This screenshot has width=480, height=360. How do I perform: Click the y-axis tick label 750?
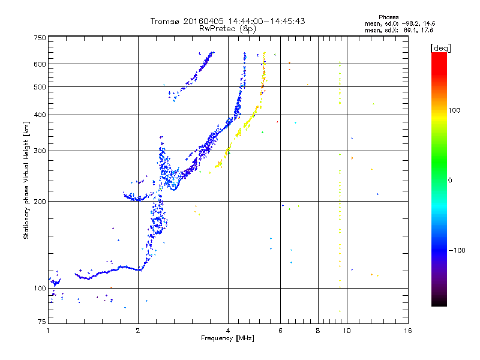[40, 38]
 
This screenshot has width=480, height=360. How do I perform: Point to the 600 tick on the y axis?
[40, 64]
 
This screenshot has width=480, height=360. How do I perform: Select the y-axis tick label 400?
[40, 115]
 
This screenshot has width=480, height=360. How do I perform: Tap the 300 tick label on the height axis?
[40, 151]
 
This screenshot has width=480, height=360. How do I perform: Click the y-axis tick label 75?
[42, 323]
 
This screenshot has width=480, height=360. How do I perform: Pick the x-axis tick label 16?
[407, 331]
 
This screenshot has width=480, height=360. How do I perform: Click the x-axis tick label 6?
[280, 331]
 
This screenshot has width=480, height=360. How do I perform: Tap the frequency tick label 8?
[318, 331]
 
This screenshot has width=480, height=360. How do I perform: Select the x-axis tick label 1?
[48, 331]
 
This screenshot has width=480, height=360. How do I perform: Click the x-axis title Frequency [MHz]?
[228, 339]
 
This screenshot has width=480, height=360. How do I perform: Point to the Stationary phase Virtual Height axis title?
[26, 181]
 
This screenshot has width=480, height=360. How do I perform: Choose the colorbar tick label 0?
[451, 180]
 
